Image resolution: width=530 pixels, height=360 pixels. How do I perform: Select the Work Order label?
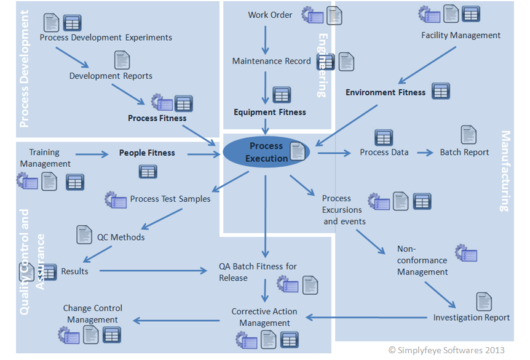click(x=270, y=15)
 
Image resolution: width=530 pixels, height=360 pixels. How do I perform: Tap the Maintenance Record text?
click(x=271, y=61)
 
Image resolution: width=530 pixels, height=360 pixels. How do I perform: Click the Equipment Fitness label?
click(x=269, y=112)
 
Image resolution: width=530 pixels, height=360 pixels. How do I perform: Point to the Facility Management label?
click(x=461, y=35)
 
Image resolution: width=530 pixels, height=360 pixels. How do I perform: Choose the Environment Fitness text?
click(x=385, y=92)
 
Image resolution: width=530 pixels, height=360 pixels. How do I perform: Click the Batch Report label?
click(x=464, y=152)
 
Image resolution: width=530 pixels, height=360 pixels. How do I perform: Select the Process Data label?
click(x=384, y=152)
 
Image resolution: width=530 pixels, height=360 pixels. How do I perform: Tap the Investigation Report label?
click(x=471, y=318)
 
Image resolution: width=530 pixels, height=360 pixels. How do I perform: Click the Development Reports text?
click(x=111, y=76)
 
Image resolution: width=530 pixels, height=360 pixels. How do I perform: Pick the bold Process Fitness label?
click(x=157, y=118)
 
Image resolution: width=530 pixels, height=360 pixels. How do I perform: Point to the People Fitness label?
click(x=147, y=153)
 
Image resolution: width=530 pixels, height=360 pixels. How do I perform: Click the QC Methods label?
click(x=121, y=238)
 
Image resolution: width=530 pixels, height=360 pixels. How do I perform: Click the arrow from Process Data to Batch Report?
click(x=425, y=152)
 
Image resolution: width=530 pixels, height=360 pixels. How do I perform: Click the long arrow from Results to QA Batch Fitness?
click(x=154, y=271)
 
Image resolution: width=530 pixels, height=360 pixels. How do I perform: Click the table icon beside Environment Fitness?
click(x=440, y=91)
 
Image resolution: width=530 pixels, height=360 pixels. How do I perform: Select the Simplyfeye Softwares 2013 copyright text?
click(x=446, y=350)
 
